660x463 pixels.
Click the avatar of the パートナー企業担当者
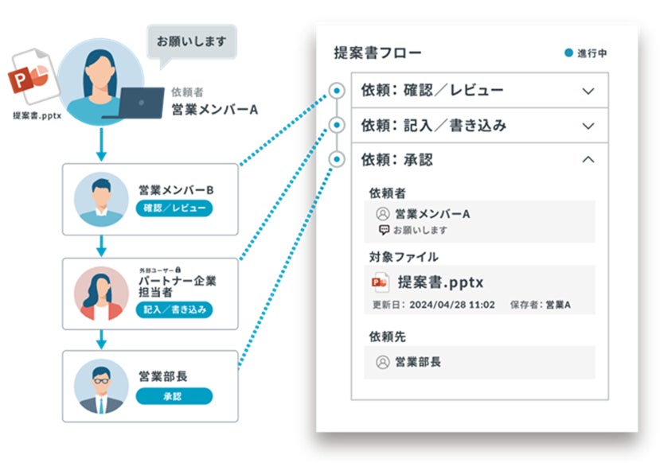pyautogui.click(x=101, y=293)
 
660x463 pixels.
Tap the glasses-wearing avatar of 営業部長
pyautogui.click(x=101, y=387)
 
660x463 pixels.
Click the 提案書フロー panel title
pyautogui.click(x=378, y=53)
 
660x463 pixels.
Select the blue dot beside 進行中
pyautogui.click(x=568, y=53)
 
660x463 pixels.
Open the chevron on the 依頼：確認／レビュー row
pyautogui.click(x=588, y=91)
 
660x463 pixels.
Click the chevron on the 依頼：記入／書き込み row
pyautogui.click(x=588, y=126)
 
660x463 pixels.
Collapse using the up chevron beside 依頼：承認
pyautogui.click(x=588, y=160)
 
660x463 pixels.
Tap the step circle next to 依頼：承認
pyautogui.click(x=338, y=160)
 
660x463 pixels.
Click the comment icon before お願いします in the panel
pyautogui.click(x=384, y=230)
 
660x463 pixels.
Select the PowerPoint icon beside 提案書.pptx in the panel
pyautogui.click(x=381, y=282)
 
